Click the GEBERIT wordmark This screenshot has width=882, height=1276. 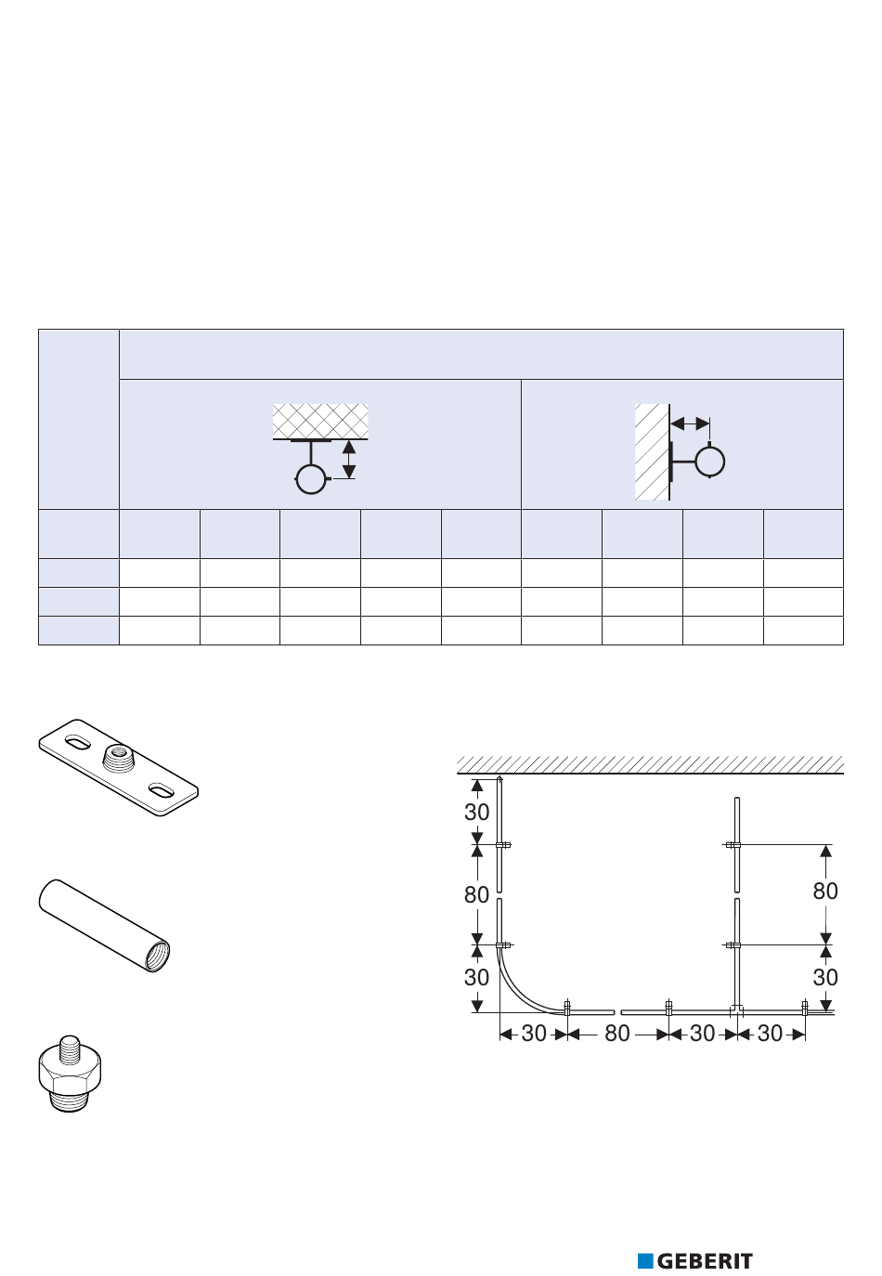(705, 1260)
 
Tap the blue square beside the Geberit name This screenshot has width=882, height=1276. (645, 1260)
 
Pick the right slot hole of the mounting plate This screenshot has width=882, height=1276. (160, 790)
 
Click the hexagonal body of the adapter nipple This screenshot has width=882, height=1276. (70, 1073)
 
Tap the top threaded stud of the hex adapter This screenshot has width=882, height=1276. (70, 1047)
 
